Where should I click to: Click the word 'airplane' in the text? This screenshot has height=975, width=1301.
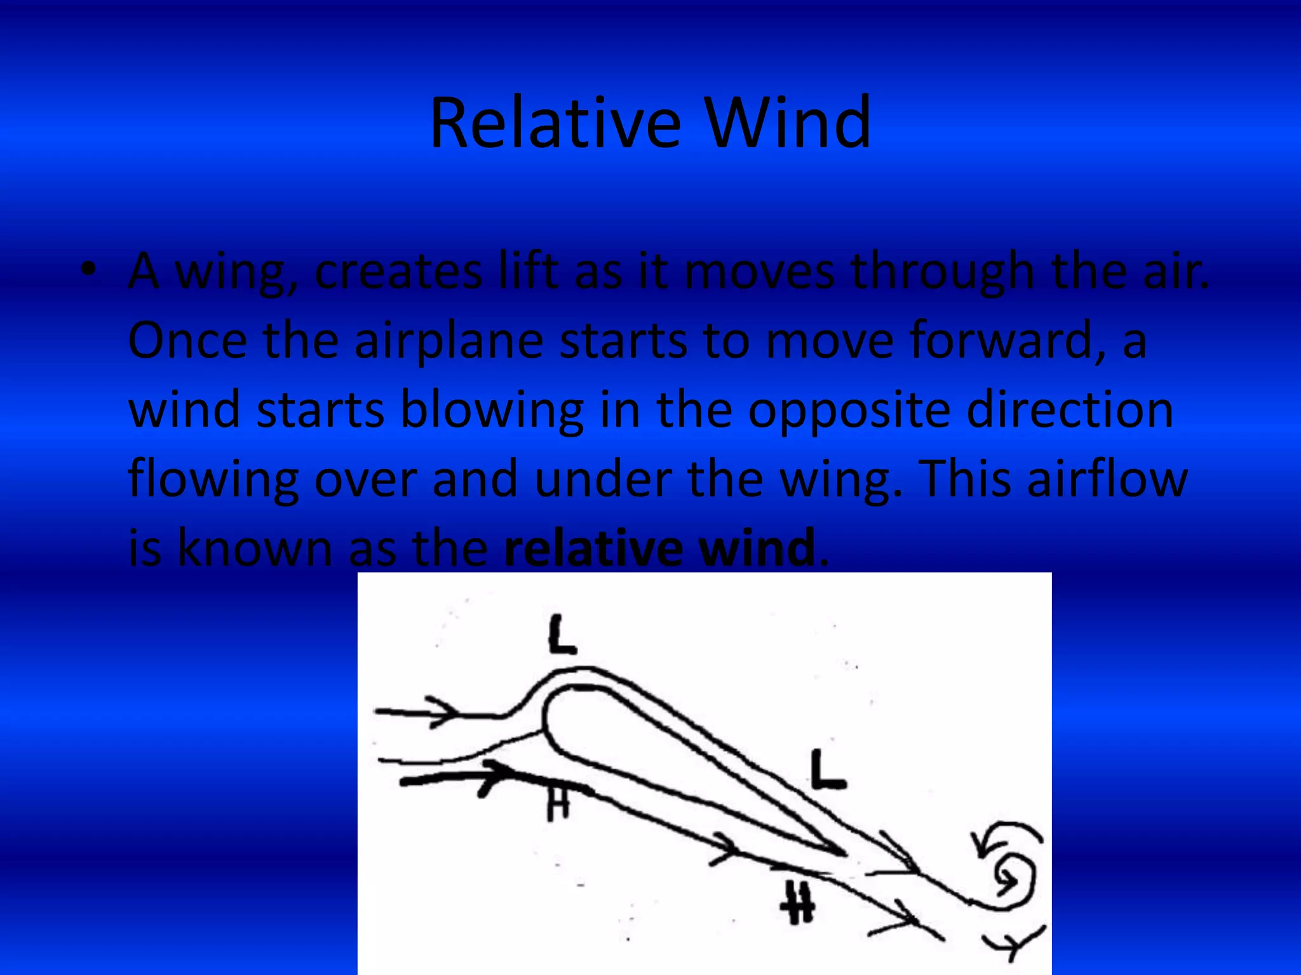448,341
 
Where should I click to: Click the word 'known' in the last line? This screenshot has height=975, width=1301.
254,548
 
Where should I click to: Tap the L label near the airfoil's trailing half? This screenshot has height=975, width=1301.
828,769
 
